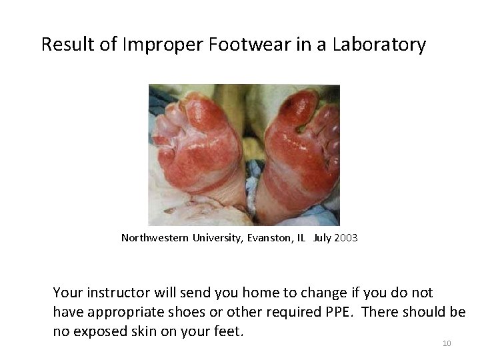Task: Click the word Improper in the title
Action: [152, 45]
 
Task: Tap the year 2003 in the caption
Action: [346, 237]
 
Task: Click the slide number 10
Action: [447, 343]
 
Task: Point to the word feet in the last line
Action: [227, 331]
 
